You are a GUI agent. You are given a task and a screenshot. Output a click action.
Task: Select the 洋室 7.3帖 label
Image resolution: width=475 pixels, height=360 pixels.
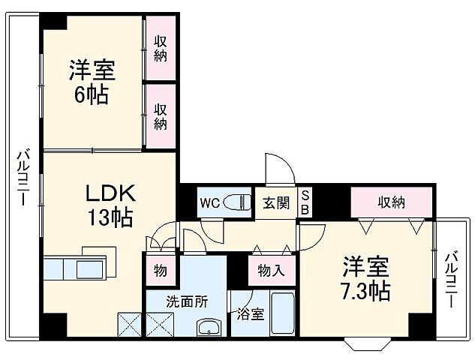(366, 279)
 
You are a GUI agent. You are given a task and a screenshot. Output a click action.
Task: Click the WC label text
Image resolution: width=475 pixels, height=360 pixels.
(209, 202)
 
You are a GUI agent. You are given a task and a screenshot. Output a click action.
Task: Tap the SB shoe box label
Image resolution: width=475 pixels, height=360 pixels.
(305, 202)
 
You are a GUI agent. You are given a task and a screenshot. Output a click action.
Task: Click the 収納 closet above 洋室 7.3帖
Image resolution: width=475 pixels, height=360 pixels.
(391, 202)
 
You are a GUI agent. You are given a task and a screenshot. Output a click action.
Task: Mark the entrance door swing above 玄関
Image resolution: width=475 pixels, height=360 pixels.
(275, 169)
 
